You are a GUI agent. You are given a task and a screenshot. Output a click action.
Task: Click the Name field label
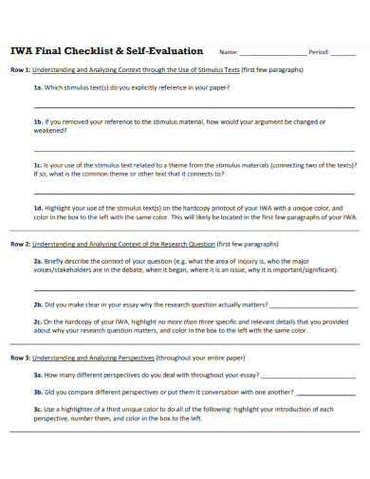click(229, 53)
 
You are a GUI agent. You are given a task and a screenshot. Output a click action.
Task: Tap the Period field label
click(318, 53)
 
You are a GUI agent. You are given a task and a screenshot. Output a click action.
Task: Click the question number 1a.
click(38, 87)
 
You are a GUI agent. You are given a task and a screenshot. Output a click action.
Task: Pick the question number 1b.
click(38, 121)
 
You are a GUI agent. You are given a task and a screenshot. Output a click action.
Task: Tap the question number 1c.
click(38, 163)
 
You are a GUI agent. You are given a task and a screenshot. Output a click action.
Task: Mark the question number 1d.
click(38, 205)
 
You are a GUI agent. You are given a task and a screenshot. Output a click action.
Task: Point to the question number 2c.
click(38, 321)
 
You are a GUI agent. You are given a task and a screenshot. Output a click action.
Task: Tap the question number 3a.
click(38, 375)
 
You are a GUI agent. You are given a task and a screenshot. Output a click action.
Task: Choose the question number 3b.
click(38, 391)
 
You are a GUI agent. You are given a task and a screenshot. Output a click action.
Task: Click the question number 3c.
click(38, 408)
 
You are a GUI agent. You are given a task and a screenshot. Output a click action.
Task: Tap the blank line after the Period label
click(344, 55)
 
